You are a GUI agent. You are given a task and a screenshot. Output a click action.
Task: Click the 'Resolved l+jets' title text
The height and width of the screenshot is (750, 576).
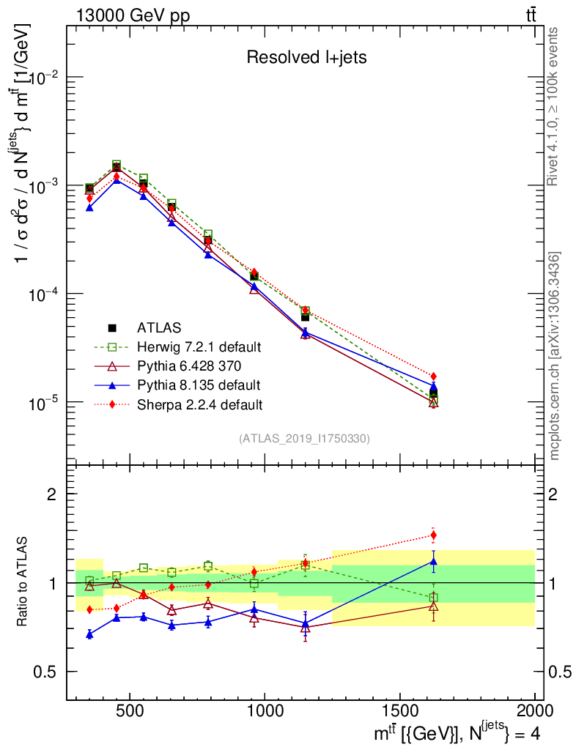click(306, 58)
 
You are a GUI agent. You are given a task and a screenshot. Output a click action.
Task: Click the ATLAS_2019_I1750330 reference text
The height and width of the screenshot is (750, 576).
click(304, 439)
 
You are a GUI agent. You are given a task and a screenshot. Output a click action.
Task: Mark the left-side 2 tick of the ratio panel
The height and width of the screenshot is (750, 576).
click(54, 494)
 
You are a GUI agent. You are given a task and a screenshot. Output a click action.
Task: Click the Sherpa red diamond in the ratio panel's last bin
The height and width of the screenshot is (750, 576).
click(433, 535)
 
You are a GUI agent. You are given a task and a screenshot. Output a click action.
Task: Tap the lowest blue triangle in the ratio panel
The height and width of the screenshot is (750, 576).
click(89, 634)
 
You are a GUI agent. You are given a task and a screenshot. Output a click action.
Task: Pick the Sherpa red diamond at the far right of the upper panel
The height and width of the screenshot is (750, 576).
click(433, 376)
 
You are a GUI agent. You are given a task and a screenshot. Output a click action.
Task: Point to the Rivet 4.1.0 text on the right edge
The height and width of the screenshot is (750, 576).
click(555, 106)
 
